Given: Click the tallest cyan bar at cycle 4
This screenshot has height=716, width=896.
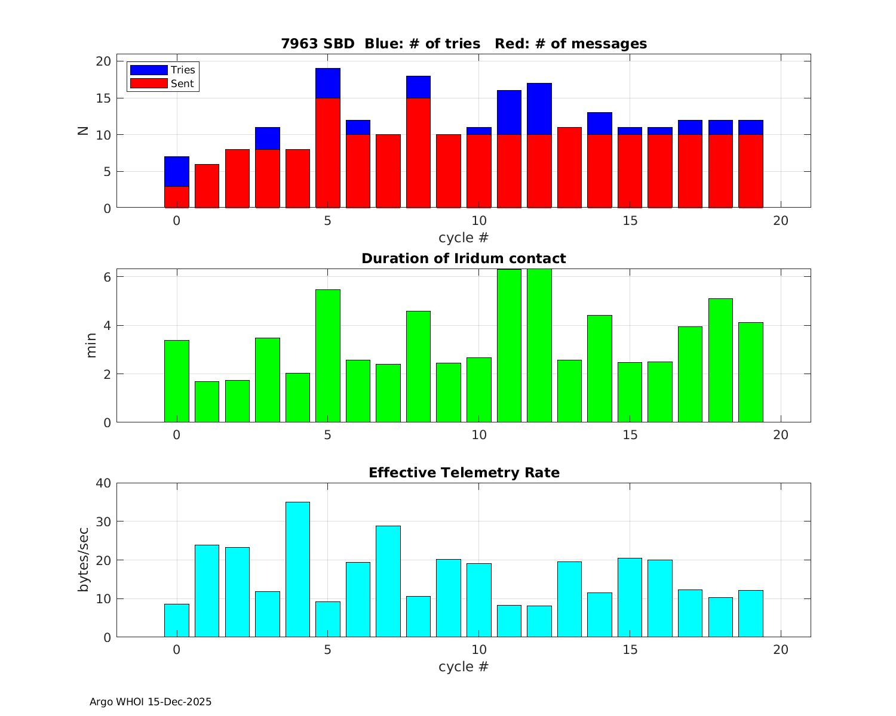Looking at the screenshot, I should pos(297,570).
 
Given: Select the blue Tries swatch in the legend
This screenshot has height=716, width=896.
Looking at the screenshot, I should pos(149,70).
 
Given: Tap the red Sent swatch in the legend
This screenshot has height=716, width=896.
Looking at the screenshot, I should pos(149,84).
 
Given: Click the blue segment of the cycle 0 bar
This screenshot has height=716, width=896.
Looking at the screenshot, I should pos(177,172).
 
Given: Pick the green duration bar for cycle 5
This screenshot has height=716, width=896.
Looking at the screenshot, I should pos(328,356).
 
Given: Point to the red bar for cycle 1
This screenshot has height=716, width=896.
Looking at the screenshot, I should pos(207,186).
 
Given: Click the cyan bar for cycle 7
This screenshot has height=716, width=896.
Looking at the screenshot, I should pos(388,581).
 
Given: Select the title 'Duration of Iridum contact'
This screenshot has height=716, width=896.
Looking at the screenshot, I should pos(464,258).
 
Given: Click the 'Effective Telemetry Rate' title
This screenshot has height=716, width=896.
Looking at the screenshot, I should pos(464,473).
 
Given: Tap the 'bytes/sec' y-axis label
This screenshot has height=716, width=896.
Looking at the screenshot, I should pos(85,560).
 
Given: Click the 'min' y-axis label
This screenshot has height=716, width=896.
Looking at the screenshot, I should pos(91,346).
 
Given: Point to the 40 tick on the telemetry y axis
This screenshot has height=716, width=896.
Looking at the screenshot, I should pos(103,483).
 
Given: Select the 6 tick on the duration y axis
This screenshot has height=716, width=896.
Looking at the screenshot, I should pos(106,277).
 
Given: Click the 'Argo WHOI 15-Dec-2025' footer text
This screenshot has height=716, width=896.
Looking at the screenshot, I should pos(151,702).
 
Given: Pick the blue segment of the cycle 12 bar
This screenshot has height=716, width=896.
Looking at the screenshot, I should pos(539,109).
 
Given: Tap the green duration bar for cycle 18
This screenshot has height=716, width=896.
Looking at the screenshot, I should pos(720,360).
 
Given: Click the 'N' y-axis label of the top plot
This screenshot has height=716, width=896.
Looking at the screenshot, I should pos(84,131).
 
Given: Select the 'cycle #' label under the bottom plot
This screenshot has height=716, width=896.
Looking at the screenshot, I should pos(464,666).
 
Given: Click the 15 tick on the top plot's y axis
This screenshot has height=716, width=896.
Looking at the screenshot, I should pos(103,98).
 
